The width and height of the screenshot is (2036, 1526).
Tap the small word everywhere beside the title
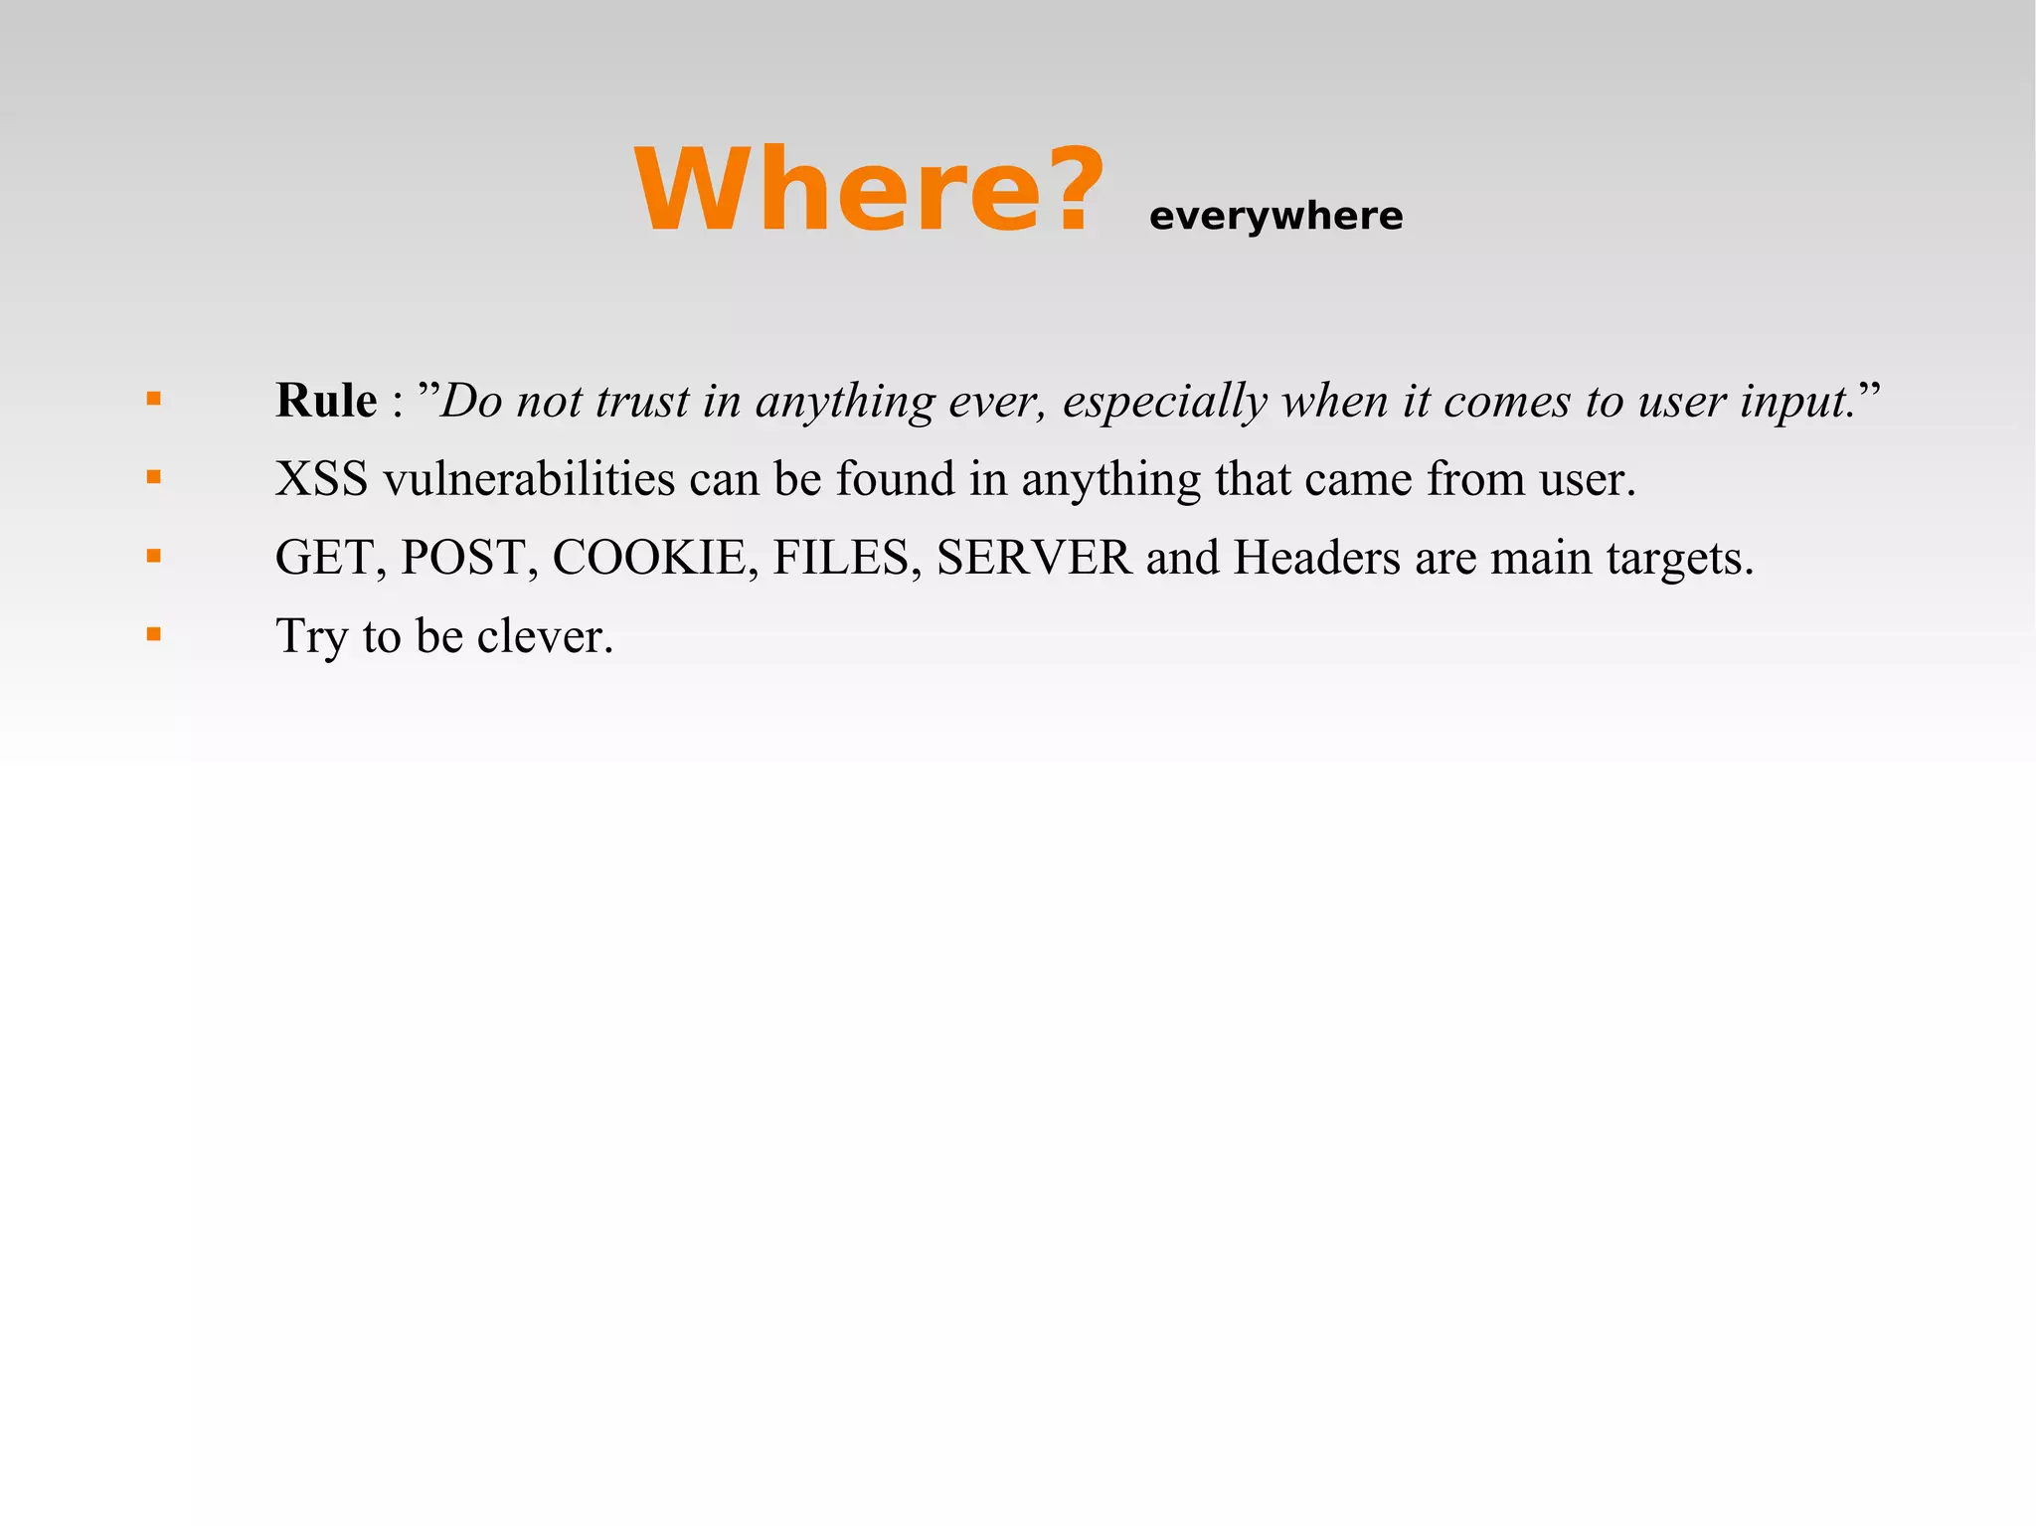(x=1275, y=217)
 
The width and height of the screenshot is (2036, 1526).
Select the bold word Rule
(x=326, y=401)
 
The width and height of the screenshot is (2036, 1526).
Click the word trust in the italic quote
(x=641, y=401)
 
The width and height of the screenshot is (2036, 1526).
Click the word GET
(x=326, y=558)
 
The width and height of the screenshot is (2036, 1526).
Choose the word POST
(x=463, y=558)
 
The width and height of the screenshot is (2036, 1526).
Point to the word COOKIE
(x=649, y=558)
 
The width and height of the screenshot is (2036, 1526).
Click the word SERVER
(x=1034, y=558)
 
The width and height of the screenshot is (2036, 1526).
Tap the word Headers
(x=1316, y=558)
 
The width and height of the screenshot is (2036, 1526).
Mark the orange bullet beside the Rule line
(x=153, y=400)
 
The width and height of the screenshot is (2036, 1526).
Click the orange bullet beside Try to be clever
(x=153, y=634)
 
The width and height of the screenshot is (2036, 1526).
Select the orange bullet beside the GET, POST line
(x=153, y=556)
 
